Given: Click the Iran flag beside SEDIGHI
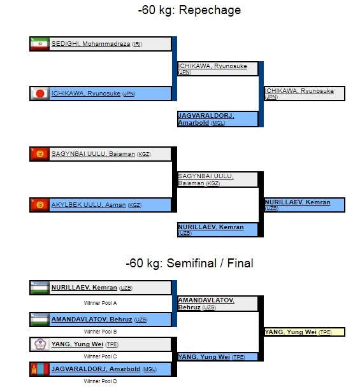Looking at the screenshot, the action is coord(40,44).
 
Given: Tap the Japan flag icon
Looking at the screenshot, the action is coord(40,94).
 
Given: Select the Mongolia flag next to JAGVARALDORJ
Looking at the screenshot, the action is coord(40,369).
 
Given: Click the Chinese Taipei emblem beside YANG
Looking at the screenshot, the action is coord(40,344).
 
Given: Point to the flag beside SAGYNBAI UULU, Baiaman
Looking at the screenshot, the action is coord(40,154).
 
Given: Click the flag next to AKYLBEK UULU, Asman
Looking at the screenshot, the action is coord(40,205).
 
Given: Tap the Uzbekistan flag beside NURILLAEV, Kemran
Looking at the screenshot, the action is coord(40,288).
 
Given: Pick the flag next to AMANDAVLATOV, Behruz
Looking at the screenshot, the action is coord(40,320).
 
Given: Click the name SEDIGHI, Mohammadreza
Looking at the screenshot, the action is coord(90,44).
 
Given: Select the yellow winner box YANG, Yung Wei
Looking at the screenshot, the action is coord(305,332).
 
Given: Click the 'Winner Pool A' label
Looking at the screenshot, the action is coord(100,303).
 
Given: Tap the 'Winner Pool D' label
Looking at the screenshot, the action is coord(100,381).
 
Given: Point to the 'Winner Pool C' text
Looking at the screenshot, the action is coord(100,356).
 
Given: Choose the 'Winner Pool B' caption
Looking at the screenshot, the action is coord(100,332).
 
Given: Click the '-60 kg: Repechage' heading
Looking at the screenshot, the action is coord(189,10).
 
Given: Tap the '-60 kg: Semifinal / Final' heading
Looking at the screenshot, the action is coord(189,264).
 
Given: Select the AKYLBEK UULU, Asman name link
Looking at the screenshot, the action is coord(89,205).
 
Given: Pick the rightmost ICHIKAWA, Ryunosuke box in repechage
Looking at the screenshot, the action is coord(305,94).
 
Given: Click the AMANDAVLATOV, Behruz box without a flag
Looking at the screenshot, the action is coord(218,304).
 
